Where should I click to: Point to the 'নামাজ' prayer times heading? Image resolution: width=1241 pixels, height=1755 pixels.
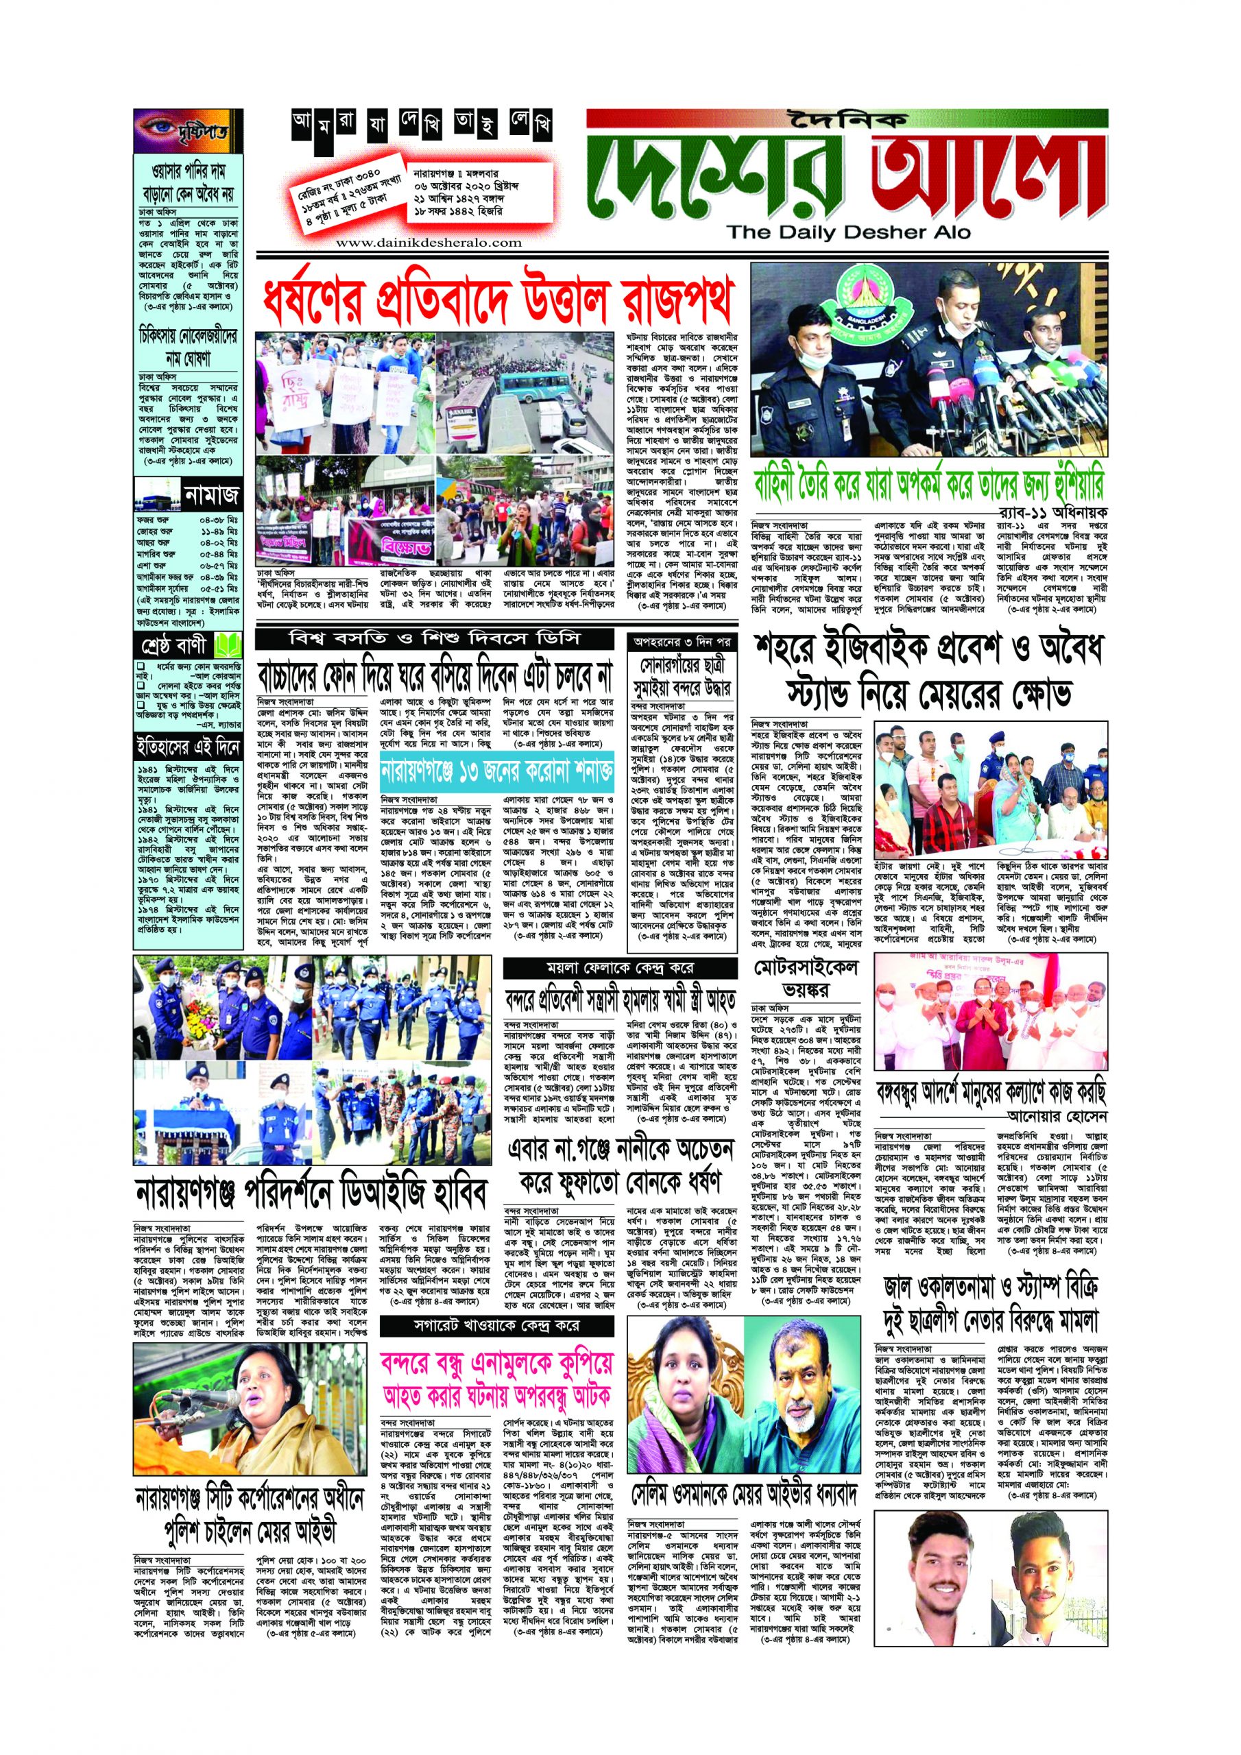(x=212, y=496)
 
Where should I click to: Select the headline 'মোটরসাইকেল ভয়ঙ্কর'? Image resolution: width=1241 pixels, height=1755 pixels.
(x=805, y=979)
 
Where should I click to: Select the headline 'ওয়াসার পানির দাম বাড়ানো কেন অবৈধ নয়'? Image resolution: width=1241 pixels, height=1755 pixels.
(x=187, y=182)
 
